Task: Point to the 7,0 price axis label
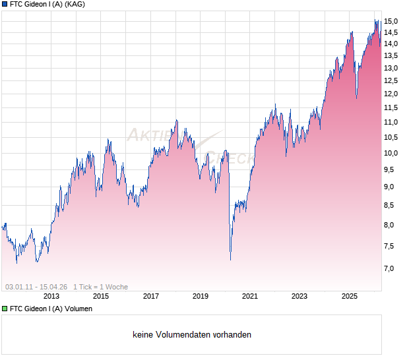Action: click(391, 268)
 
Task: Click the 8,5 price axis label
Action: click(391, 206)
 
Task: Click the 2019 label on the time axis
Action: click(201, 297)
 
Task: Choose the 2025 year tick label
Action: click(350, 297)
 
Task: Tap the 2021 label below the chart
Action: click(250, 297)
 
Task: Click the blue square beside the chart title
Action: click(5, 4)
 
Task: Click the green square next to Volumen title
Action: click(5, 309)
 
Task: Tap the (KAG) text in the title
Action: click(74, 4)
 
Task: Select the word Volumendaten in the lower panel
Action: click(178, 335)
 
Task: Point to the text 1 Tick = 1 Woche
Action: click(100, 287)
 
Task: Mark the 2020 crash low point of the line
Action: click(230, 260)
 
